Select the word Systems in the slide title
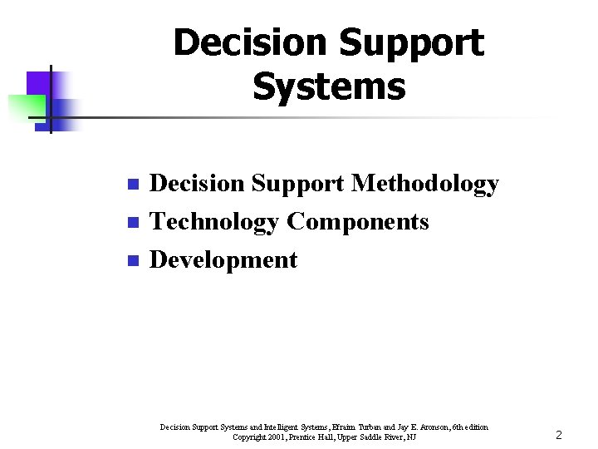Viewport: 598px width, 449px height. pos(329,86)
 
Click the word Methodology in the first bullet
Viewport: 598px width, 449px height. pos(424,184)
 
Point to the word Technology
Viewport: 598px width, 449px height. pos(214,222)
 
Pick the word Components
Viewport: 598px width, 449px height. pos(358,222)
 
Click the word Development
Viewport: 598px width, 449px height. pos(223,259)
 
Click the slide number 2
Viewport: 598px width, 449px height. pos(559,435)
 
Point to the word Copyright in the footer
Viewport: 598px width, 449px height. pos(249,437)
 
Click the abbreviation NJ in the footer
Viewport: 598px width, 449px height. pos(411,437)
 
